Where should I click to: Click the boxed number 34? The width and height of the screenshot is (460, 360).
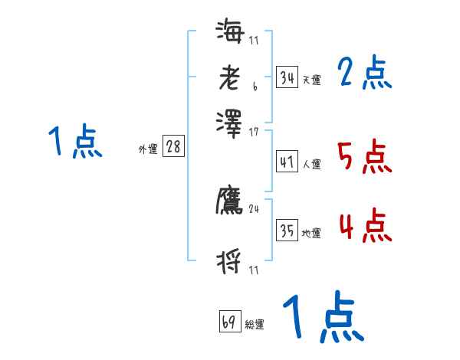[286, 77]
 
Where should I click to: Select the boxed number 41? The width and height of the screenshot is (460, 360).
[286, 162]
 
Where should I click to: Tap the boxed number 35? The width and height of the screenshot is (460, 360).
[286, 231]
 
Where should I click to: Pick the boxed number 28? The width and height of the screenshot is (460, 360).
[173, 148]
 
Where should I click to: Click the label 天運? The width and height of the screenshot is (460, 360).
[311, 80]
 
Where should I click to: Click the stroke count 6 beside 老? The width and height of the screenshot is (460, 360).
[254, 90]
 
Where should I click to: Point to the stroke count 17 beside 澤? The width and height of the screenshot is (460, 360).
[254, 133]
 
